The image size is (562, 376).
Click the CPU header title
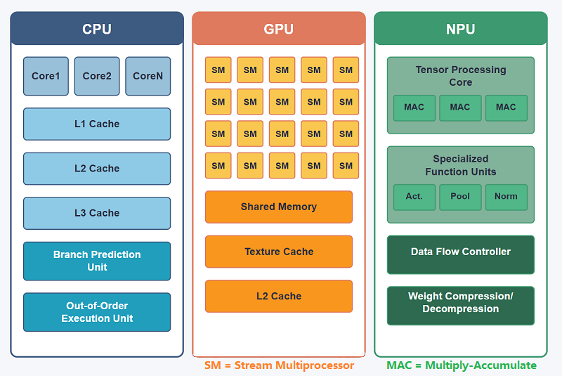(x=97, y=30)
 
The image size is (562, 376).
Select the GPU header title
(x=279, y=30)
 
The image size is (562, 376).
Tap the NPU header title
(x=461, y=30)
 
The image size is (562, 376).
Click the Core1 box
(x=46, y=76)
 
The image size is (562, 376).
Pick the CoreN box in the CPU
(x=148, y=76)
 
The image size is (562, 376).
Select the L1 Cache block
(x=97, y=124)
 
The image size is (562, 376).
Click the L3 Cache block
(x=97, y=213)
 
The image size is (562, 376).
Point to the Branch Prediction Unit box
(x=97, y=261)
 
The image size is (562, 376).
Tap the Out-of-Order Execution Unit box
(x=97, y=312)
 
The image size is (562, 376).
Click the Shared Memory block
(x=279, y=207)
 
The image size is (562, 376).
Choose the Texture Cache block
(x=279, y=252)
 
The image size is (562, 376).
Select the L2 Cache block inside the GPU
(x=279, y=296)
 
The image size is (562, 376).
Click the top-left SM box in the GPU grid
(x=218, y=70)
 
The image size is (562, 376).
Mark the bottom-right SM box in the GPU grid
(x=346, y=166)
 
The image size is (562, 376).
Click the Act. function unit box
(x=414, y=197)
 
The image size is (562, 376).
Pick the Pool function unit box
(x=460, y=197)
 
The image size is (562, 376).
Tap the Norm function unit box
(x=506, y=197)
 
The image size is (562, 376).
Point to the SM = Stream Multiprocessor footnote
(x=279, y=365)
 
